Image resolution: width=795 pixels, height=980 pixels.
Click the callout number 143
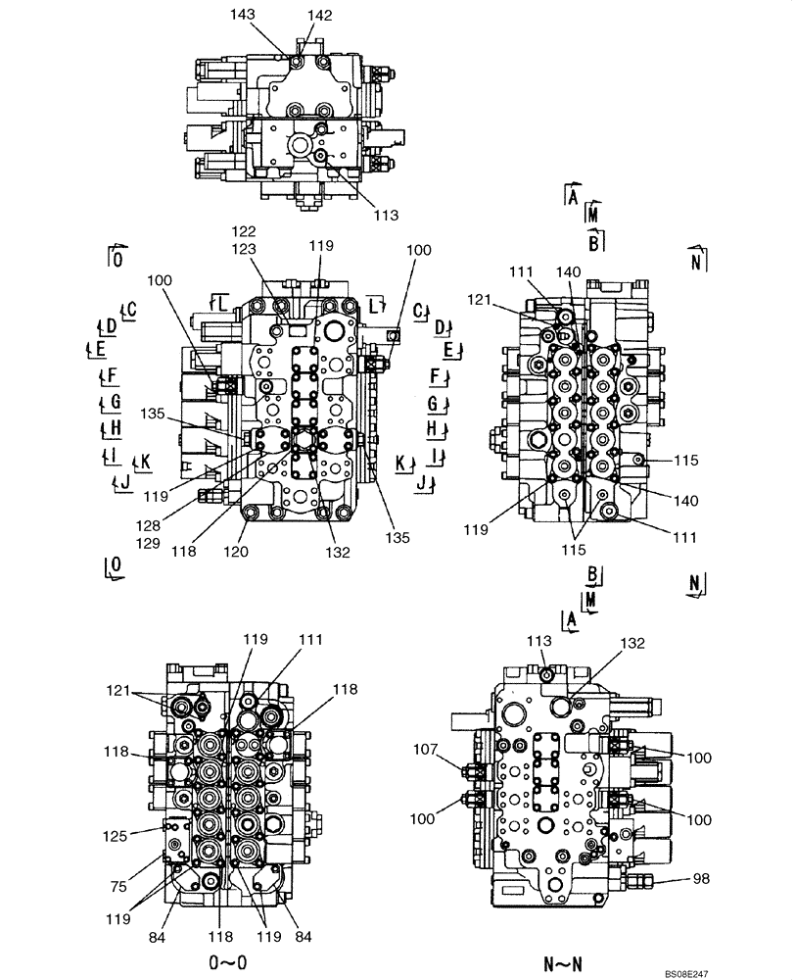(268, 16)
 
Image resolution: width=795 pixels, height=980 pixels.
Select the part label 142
(319, 16)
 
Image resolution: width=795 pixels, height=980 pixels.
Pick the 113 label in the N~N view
(540, 641)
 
